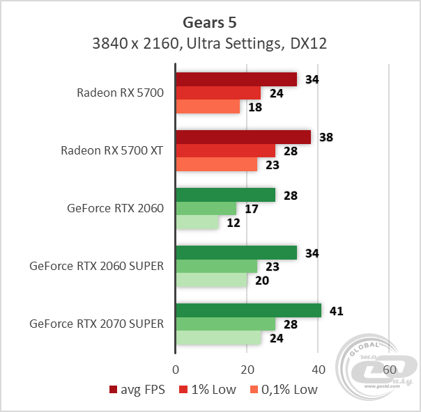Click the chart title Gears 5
pos(210,20)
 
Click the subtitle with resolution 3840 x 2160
pos(210,43)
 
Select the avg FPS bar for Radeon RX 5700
pos(236,79)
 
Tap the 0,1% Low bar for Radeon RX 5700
pos(208,107)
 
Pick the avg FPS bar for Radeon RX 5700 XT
pos(243,137)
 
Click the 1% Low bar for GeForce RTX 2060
pos(206,209)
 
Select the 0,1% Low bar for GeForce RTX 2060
pos(197,223)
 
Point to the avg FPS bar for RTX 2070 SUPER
pos(249,310)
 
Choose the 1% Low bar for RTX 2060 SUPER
pos(217,267)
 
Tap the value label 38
pos(326,137)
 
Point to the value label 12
pos(234,223)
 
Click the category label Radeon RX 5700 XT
pos(112,150)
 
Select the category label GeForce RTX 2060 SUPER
pos(97,266)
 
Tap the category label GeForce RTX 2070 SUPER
pos(97,324)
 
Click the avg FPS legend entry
pos(137,389)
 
